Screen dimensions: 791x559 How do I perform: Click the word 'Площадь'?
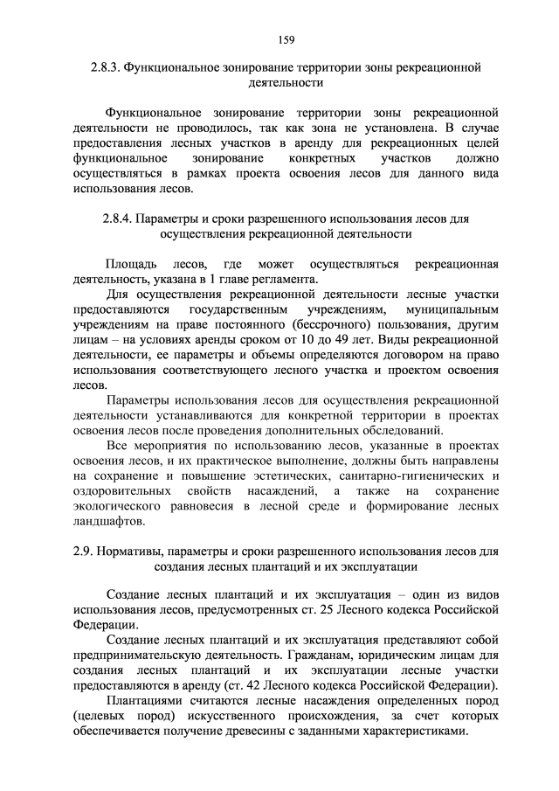click(x=131, y=264)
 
